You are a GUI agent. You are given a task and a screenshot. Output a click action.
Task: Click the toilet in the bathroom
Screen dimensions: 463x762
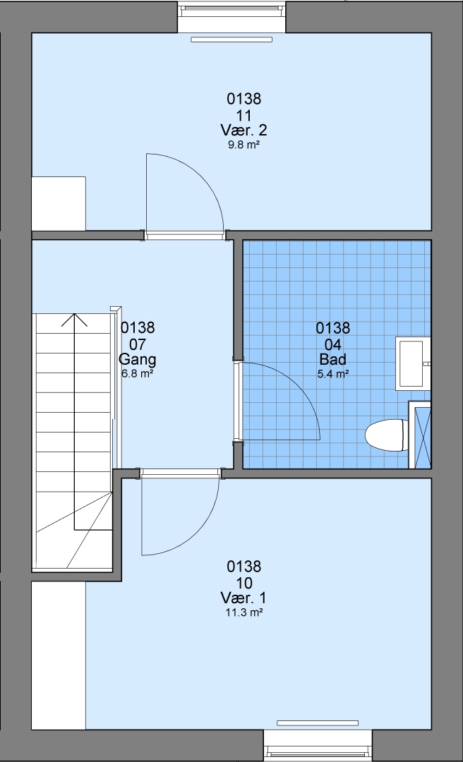tap(386, 435)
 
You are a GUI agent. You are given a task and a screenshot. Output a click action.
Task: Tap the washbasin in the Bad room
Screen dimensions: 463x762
tap(413, 363)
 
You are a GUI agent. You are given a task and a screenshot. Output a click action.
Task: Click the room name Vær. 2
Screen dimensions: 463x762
tap(243, 131)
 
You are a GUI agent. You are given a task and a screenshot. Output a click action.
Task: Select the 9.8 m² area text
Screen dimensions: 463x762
tap(243, 145)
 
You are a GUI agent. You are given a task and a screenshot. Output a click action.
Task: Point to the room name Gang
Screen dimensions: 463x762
tap(138, 360)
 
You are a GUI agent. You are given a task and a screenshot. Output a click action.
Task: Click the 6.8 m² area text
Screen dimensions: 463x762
tap(138, 374)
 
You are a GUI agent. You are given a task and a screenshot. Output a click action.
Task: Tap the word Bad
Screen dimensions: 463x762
tap(332, 359)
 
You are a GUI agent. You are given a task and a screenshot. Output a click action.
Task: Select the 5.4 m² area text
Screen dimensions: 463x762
tap(332, 374)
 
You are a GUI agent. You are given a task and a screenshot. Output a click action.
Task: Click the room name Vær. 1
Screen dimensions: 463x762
tap(243, 598)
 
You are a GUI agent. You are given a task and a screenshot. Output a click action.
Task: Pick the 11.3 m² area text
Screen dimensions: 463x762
tap(243, 612)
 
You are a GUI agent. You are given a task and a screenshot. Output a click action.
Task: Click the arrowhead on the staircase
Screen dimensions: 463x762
tap(74, 320)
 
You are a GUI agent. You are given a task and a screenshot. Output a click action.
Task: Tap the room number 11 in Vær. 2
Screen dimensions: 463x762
tap(243, 116)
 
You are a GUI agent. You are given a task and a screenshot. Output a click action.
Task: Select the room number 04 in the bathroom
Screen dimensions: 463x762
tap(332, 344)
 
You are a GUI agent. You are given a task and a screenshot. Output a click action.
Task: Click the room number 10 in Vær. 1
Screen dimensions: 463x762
tap(243, 583)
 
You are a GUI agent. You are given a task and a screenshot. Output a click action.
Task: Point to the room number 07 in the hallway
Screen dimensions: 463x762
tap(138, 344)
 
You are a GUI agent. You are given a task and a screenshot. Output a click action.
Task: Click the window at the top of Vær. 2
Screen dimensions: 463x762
tap(231, 16)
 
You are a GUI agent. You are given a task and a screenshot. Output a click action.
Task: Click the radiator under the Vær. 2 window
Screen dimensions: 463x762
tap(231, 40)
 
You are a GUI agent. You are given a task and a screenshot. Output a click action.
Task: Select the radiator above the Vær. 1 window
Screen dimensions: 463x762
tap(318, 723)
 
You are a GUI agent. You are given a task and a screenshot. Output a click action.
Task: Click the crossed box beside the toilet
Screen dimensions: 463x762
tap(420, 435)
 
